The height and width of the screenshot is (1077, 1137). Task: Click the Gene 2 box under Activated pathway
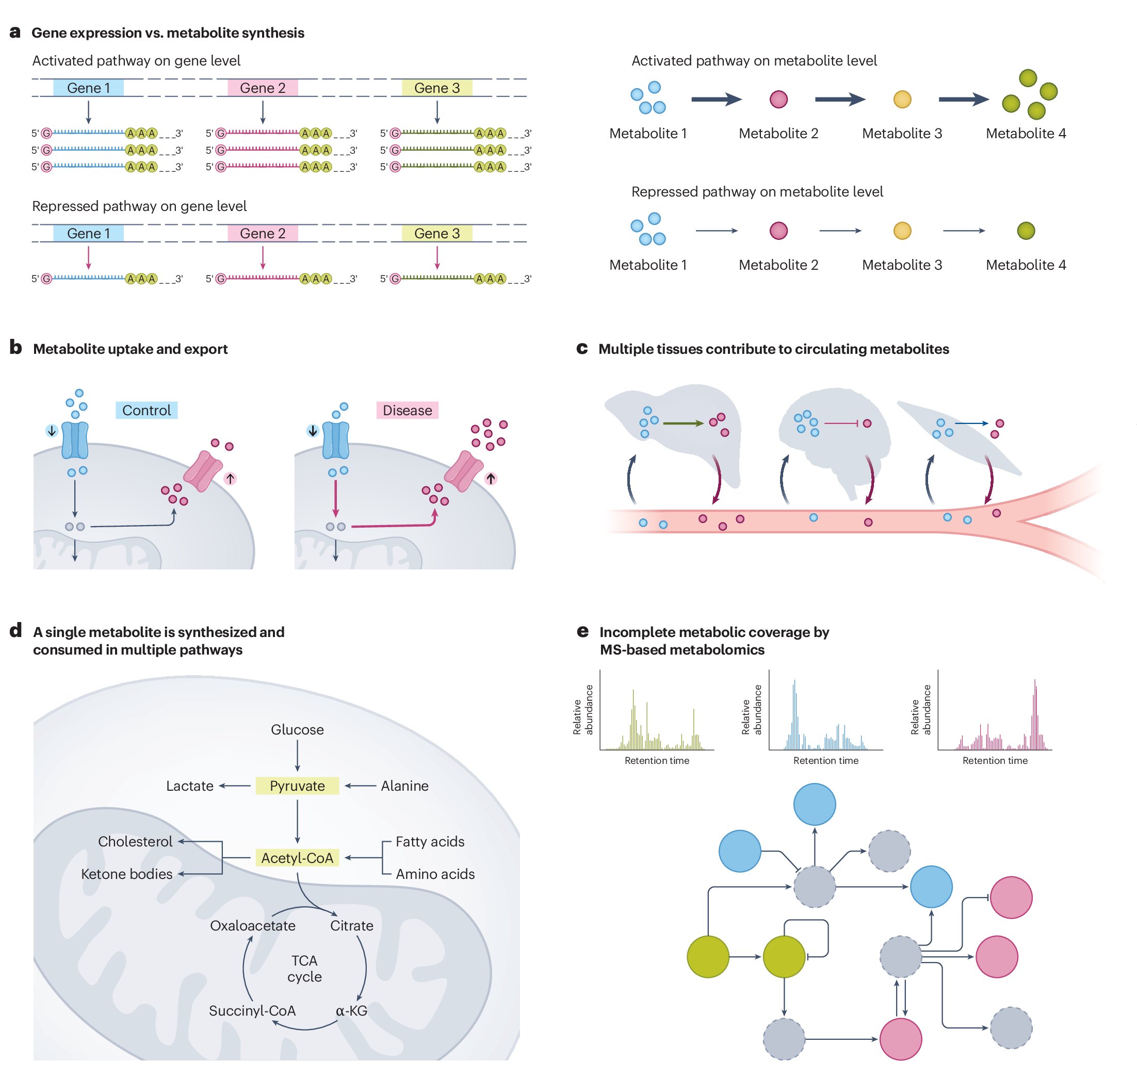coord(263,88)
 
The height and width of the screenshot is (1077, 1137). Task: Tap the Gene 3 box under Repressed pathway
coord(437,233)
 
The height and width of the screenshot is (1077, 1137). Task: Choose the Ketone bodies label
coord(126,874)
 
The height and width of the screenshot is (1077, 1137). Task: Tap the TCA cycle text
coord(304,969)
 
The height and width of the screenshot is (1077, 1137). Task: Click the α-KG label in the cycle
coord(351,1010)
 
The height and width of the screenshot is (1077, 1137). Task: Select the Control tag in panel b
coord(147,410)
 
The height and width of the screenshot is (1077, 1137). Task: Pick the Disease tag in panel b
coord(407,410)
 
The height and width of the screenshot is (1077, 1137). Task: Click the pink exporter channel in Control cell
coord(203,471)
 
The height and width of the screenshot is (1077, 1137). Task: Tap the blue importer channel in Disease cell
coord(336,440)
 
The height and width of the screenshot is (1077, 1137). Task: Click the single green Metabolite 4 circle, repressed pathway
coord(1026,231)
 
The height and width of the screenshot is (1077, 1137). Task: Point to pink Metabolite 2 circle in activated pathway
coord(778,100)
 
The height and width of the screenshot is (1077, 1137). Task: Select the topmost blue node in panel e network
coord(814,804)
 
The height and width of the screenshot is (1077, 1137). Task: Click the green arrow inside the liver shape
coord(683,423)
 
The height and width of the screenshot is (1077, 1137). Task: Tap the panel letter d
coord(15,630)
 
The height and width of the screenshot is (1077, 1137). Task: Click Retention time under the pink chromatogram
coord(995,760)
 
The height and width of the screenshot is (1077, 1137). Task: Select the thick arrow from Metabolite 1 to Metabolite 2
coord(716,100)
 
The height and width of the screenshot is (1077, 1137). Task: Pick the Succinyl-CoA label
coord(252,1010)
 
